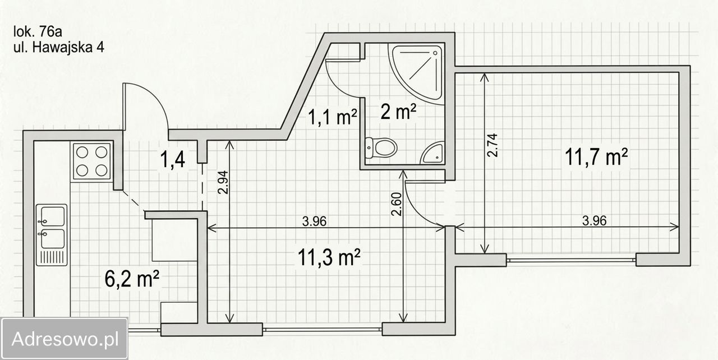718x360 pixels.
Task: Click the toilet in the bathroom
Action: [381, 147]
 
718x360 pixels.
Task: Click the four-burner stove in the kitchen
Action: [91, 161]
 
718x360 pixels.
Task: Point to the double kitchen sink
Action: [52, 235]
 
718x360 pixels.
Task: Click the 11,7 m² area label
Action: [596, 157]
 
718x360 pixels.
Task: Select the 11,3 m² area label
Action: [329, 257]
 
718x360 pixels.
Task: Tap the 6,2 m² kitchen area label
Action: [132, 279]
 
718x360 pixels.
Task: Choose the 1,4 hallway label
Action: [172, 159]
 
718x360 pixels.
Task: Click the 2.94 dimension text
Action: [223, 182]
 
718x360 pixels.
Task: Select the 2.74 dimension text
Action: [493, 145]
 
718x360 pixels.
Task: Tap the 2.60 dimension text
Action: [397, 204]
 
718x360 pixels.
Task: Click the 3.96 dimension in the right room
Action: [594, 221]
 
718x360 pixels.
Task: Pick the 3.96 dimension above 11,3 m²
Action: [315, 221]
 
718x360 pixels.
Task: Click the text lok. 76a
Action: [38, 32]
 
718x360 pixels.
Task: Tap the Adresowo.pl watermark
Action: [65, 339]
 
